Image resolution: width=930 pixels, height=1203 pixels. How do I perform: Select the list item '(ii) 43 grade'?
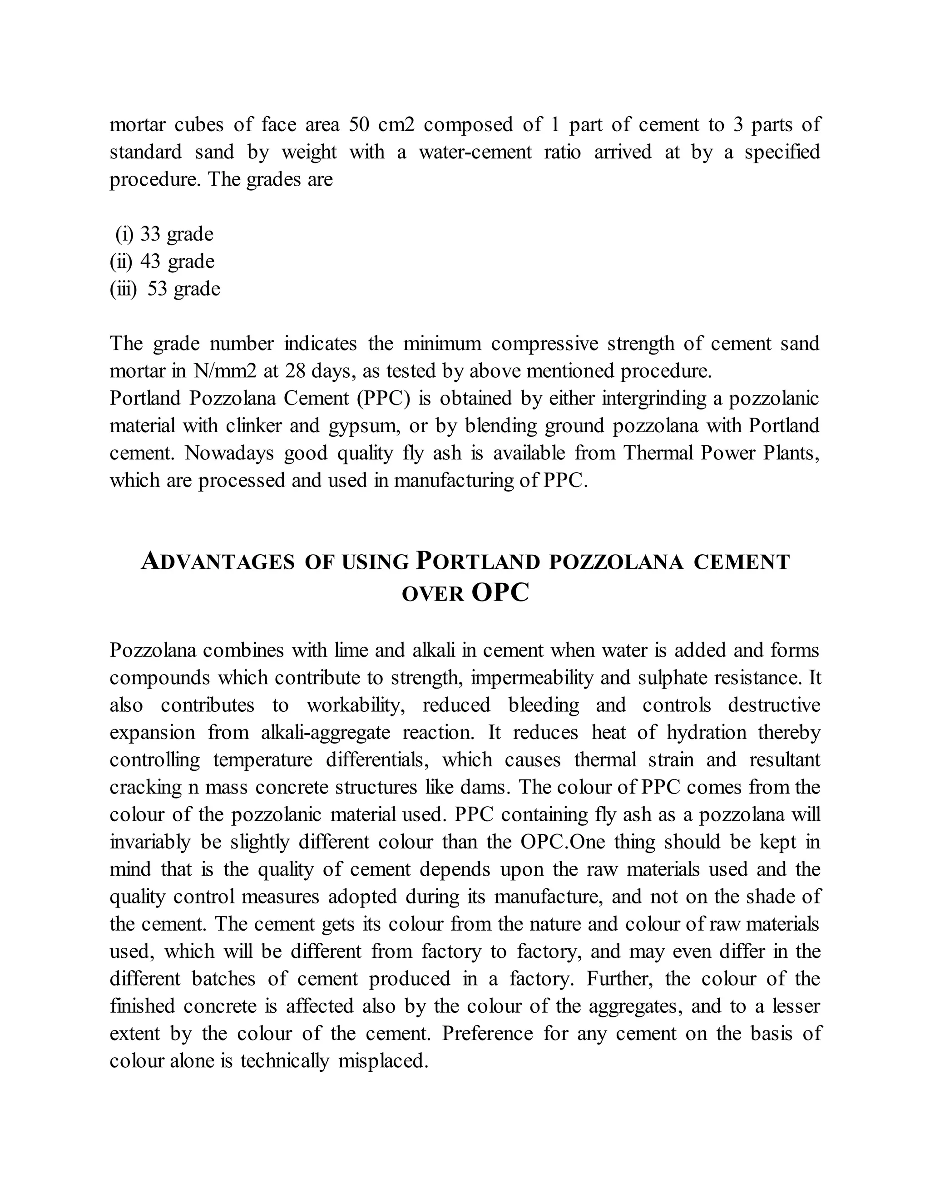click(162, 261)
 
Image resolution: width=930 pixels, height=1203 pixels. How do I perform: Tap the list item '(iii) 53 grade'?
click(165, 289)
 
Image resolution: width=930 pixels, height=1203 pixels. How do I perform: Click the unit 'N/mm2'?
click(225, 371)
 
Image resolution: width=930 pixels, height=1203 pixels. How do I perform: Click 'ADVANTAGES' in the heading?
click(218, 562)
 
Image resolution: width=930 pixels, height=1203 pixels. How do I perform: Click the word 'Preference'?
click(487, 1034)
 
